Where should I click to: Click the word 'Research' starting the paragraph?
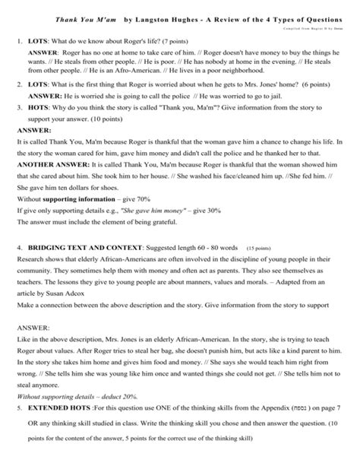30,259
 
